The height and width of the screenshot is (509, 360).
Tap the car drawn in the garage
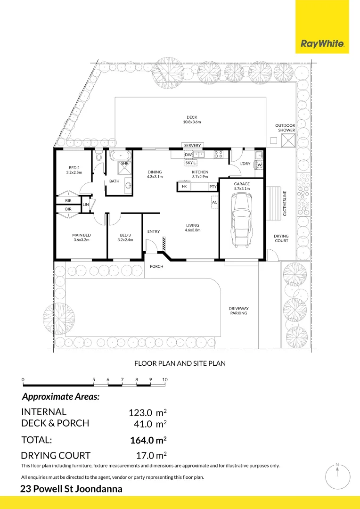pyautogui.click(x=241, y=220)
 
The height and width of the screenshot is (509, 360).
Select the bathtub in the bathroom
pyautogui.click(x=121, y=156)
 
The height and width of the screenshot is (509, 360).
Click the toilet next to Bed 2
pyautogui.click(x=99, y=156)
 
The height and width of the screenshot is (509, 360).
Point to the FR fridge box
pyautogui.click(x=184, y=186)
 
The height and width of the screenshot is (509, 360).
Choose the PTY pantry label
pyautogui.click(x=213, y=187)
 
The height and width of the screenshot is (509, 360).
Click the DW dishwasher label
pyautogui.click(x=188, y=155)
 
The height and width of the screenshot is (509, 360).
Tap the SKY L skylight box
pyautogui.click(x=191, y=163)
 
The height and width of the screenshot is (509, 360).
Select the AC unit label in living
pyautogui.click(x=214, y=202)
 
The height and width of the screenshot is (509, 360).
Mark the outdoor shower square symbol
pyautogui.click(x=288, y=141)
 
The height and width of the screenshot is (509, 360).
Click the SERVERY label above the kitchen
pyautogui.click(x=193, y=146)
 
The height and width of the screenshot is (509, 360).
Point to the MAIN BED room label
pyautogui.click(x=82, y=235)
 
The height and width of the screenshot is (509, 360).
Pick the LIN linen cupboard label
pyautogui.click(x=85, y=205)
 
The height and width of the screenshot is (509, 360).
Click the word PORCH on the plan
pyautogui.click(x=156, y=266)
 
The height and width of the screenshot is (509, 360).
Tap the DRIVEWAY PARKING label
pyautogui.click(x=238, y=311)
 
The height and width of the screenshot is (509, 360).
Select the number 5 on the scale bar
pyautogui.click(x=93, y=379)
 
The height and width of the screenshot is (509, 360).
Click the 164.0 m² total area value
pyautogui.click(x=148, y=440)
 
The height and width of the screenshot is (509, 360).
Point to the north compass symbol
pyautogui.click(x=337, y=477)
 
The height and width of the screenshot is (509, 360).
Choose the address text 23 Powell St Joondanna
pyautogui.click(x=71, y=489)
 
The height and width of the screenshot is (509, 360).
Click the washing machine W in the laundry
pyautogui.click(x=259, y=165)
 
